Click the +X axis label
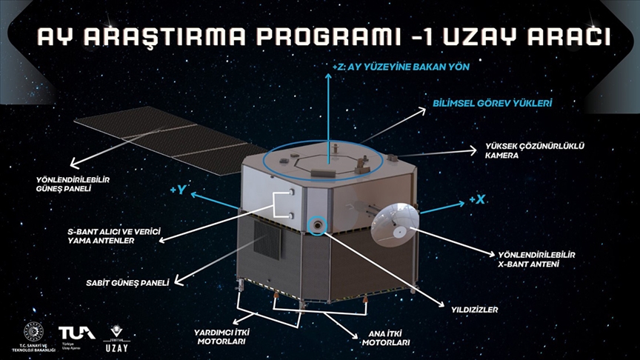[476, 200]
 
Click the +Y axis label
[178, 190]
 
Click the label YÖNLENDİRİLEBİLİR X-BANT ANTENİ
[537, 259]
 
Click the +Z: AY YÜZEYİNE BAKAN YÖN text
[402, 67]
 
